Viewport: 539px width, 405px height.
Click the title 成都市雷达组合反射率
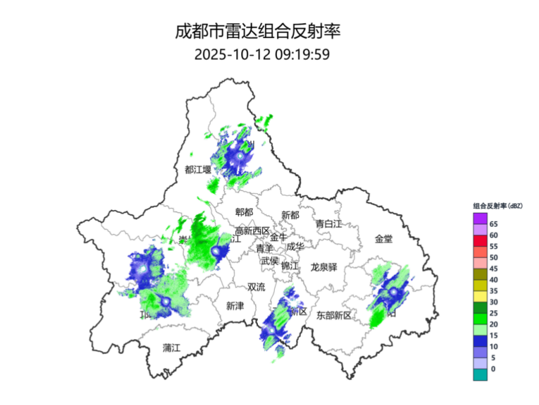click(258, 31)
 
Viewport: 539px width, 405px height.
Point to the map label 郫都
click(243, 212)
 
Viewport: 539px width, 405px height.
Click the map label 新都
click(290, 215)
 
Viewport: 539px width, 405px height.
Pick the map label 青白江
click(329, 223)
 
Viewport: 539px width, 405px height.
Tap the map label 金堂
click(383, 238)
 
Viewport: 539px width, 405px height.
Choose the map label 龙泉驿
click(327, 267)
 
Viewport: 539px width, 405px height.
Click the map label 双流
click(256, 286)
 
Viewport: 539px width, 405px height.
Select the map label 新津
click(235, 306)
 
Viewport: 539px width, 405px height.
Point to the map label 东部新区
click(334, 315)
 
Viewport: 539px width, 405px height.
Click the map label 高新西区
click(252, 231)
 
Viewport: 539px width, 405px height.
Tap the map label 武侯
click(269, 260)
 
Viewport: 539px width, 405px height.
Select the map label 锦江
click(290, 266)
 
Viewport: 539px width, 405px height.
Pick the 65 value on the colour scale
click(494, 224)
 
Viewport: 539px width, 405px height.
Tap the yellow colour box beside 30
click(480, 296)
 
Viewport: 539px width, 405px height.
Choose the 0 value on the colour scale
click(493, 369)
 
